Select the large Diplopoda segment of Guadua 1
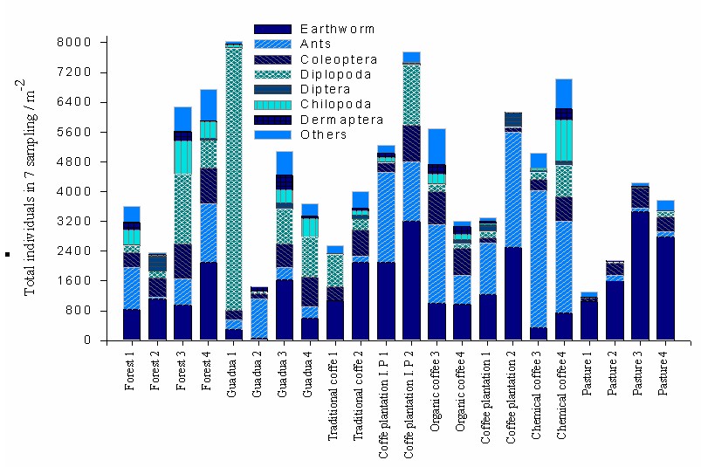(233, 175)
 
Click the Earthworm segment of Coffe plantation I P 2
(411, 280)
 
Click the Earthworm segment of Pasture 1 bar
(588, 319)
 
